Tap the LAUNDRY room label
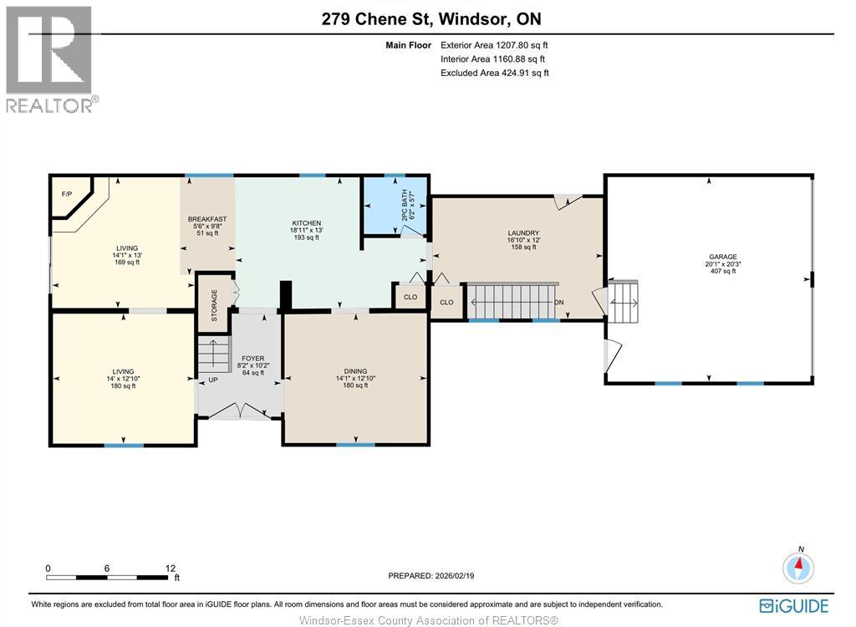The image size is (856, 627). [x=523, y=233]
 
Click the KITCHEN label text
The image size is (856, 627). [x=306, y=223]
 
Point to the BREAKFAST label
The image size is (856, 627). [x=206, y=219]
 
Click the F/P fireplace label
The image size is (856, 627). [x=67, y=194]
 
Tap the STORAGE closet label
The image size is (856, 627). [x=214, y=305]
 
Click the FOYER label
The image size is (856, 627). [x=252, y=359]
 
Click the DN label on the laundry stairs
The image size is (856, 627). [x=559, y=302]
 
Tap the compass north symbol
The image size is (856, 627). [x=799, y=568]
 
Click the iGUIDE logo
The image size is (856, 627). [x=794, y=605]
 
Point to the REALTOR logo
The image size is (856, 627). [x=50, y=59]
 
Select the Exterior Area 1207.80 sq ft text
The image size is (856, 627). [x=494, y=45]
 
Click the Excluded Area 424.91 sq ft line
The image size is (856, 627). [x=494, y=73]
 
